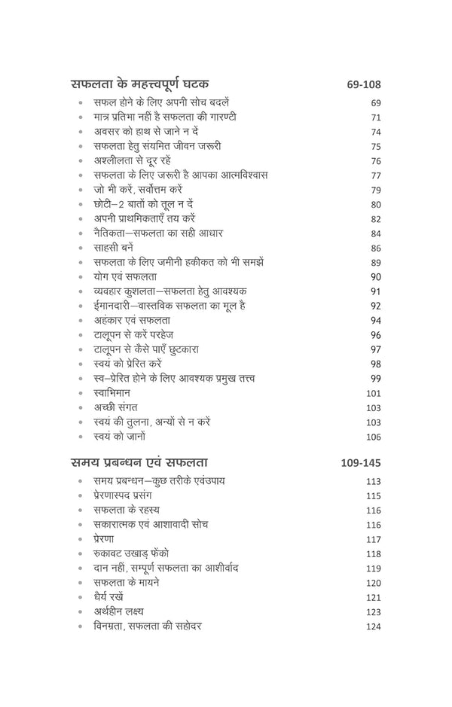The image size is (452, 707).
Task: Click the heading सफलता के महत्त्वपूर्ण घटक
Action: (139, 83)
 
